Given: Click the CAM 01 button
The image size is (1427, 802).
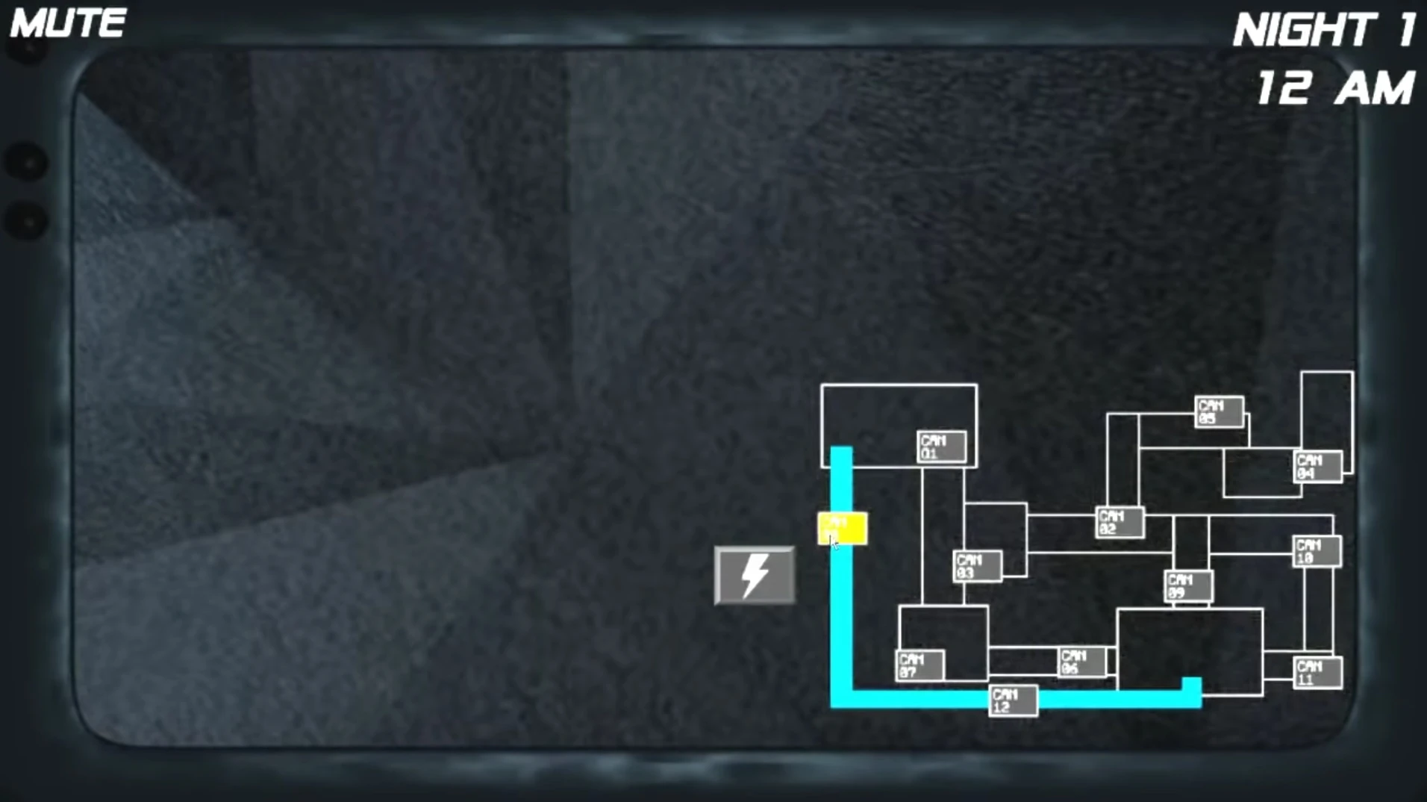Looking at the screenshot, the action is pyautogui.click(x=941, y=447).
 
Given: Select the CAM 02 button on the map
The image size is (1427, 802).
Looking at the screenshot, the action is pyautogui.click(x=1120, y=522).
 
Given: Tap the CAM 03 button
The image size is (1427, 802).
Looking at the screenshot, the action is pyautogui.click(x=977, y=566).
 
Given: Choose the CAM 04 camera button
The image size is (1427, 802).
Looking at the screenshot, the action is pyautogui.click(x=1317, y=467).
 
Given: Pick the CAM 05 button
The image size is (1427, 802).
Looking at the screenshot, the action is pyautogui.click(x=1219, y=411).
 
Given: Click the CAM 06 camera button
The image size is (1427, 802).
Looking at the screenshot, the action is pyautogui.click(x=1081, y=662).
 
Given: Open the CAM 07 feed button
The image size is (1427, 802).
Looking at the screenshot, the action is pyautogui.click(x=919, y=665).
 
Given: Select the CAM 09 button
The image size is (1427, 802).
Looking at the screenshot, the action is pyautogui.click(x=1188, y=586).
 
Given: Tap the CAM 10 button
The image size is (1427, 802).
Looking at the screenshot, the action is pyautogui.click(x=1317, y=551).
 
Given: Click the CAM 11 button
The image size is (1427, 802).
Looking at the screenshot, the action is pyautogui.click(x=1317, y=672).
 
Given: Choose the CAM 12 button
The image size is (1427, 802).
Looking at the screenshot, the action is pyautogui.click(x=1013, y=700).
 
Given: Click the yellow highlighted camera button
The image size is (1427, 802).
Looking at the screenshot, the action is pyautogui.click(x=843, y=528).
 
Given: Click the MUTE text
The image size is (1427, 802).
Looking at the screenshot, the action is pyautogui.click(x=68, y=23).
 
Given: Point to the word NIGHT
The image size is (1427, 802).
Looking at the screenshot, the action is pyautogui.click(x=1303, y=31).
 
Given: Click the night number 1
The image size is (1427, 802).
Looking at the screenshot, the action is pyautogui.click(x=1406, y=31).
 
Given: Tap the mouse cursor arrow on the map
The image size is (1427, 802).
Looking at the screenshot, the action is pyautogui.click(x=834, y=542).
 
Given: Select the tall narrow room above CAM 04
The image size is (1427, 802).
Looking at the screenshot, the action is pyautogui.click(x=1326, y=409).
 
